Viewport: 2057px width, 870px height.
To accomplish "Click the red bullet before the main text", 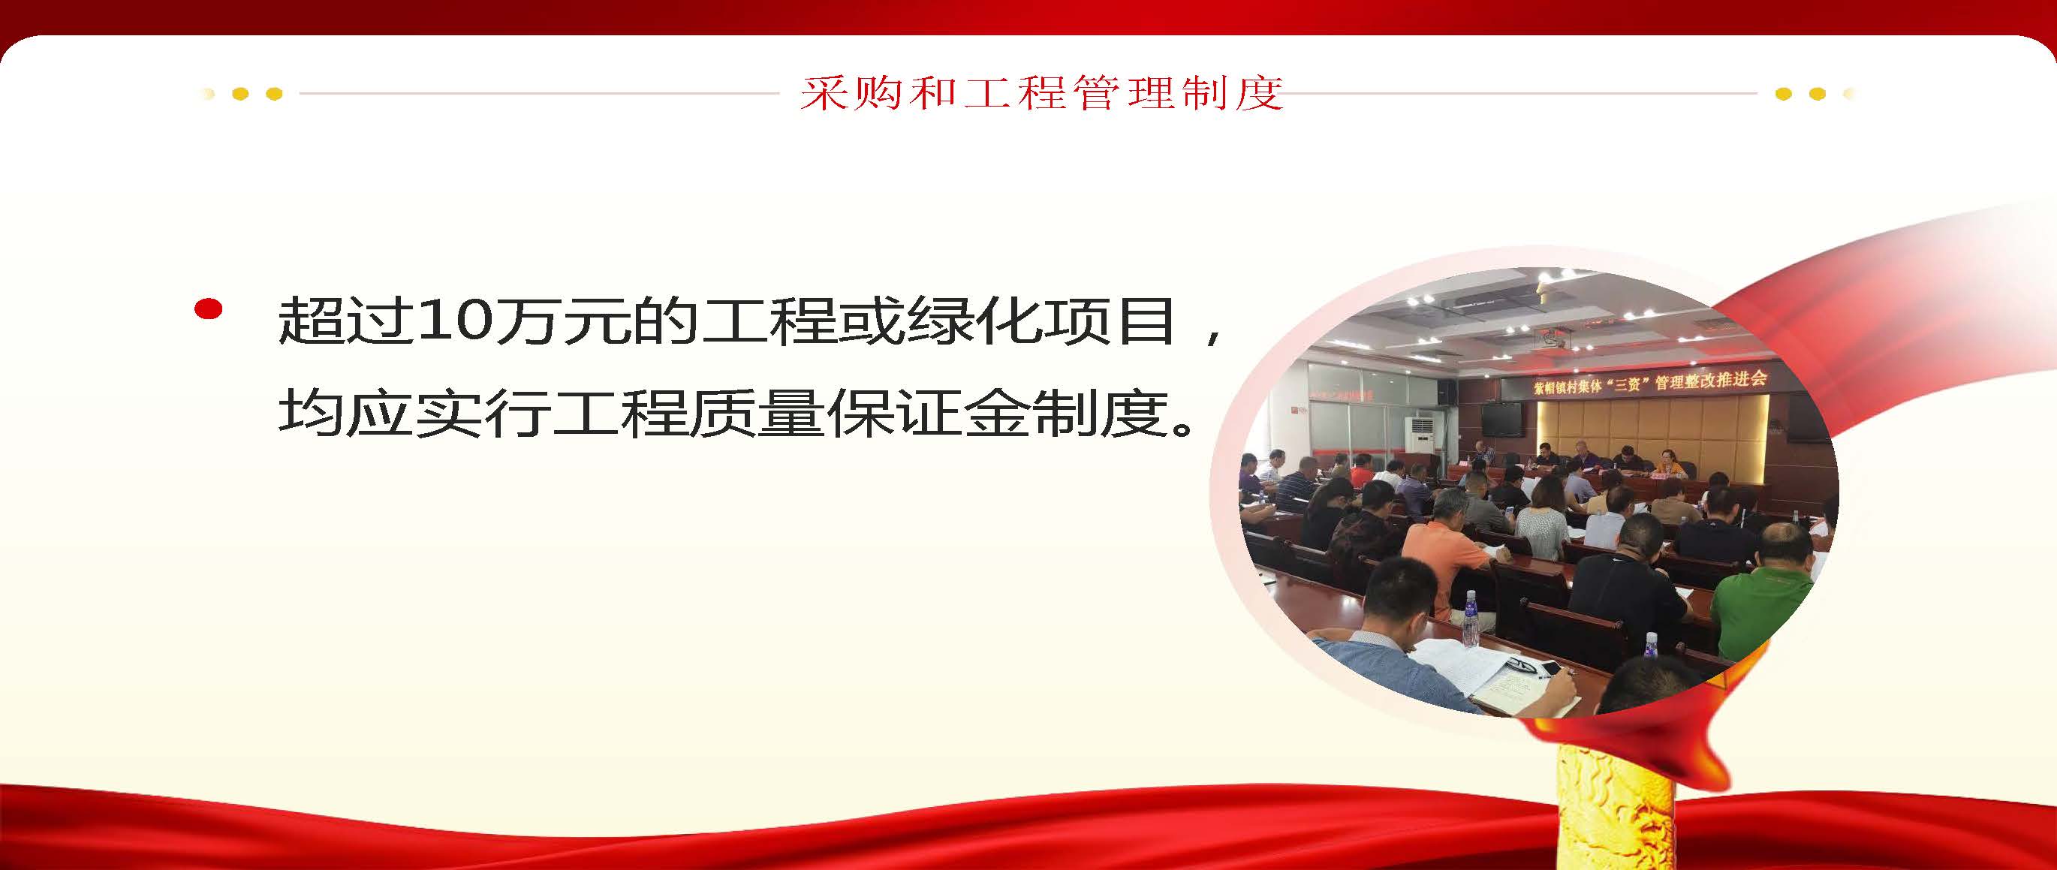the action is click(209, 310).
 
